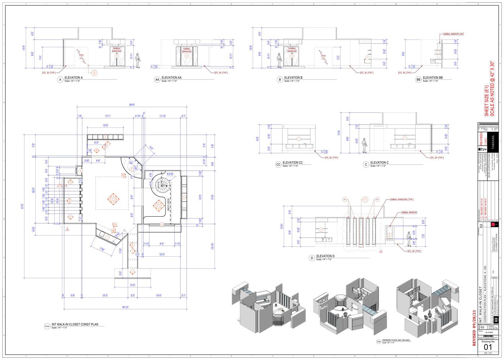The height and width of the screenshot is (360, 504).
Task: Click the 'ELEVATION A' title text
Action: coord(73,77)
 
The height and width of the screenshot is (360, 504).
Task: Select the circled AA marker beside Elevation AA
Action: coord(157,80)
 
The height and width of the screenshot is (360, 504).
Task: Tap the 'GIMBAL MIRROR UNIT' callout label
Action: coord(453,34)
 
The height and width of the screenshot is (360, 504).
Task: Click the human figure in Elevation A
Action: coord(138,60)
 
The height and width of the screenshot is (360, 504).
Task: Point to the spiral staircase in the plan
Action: coord(161,185)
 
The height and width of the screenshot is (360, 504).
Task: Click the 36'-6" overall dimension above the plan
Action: coord(132,105)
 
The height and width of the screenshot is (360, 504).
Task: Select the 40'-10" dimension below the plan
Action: coord(125,307)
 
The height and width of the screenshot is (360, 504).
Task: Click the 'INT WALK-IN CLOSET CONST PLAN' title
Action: coord(75,324)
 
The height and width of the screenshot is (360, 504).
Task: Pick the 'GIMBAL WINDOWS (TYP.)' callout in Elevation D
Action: coord(401,199)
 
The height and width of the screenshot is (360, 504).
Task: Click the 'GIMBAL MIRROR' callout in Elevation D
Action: coord(409,213)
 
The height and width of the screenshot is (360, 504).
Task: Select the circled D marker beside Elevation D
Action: coord(312,258)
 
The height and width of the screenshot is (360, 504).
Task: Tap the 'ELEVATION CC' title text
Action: coord(293,163)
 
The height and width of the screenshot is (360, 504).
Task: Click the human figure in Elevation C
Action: coord(364,145)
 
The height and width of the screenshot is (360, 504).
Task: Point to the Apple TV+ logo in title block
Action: coord(482,149)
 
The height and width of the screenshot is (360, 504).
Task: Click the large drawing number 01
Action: coord(487,347)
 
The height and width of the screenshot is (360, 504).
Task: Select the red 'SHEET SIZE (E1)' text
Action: coord(487,101)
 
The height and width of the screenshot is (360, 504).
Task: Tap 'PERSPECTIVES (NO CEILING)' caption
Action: coord(396,340)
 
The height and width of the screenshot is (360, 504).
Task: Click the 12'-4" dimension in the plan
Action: coord(162,255)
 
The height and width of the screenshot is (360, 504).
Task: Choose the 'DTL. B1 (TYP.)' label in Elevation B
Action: coord(366,73)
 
